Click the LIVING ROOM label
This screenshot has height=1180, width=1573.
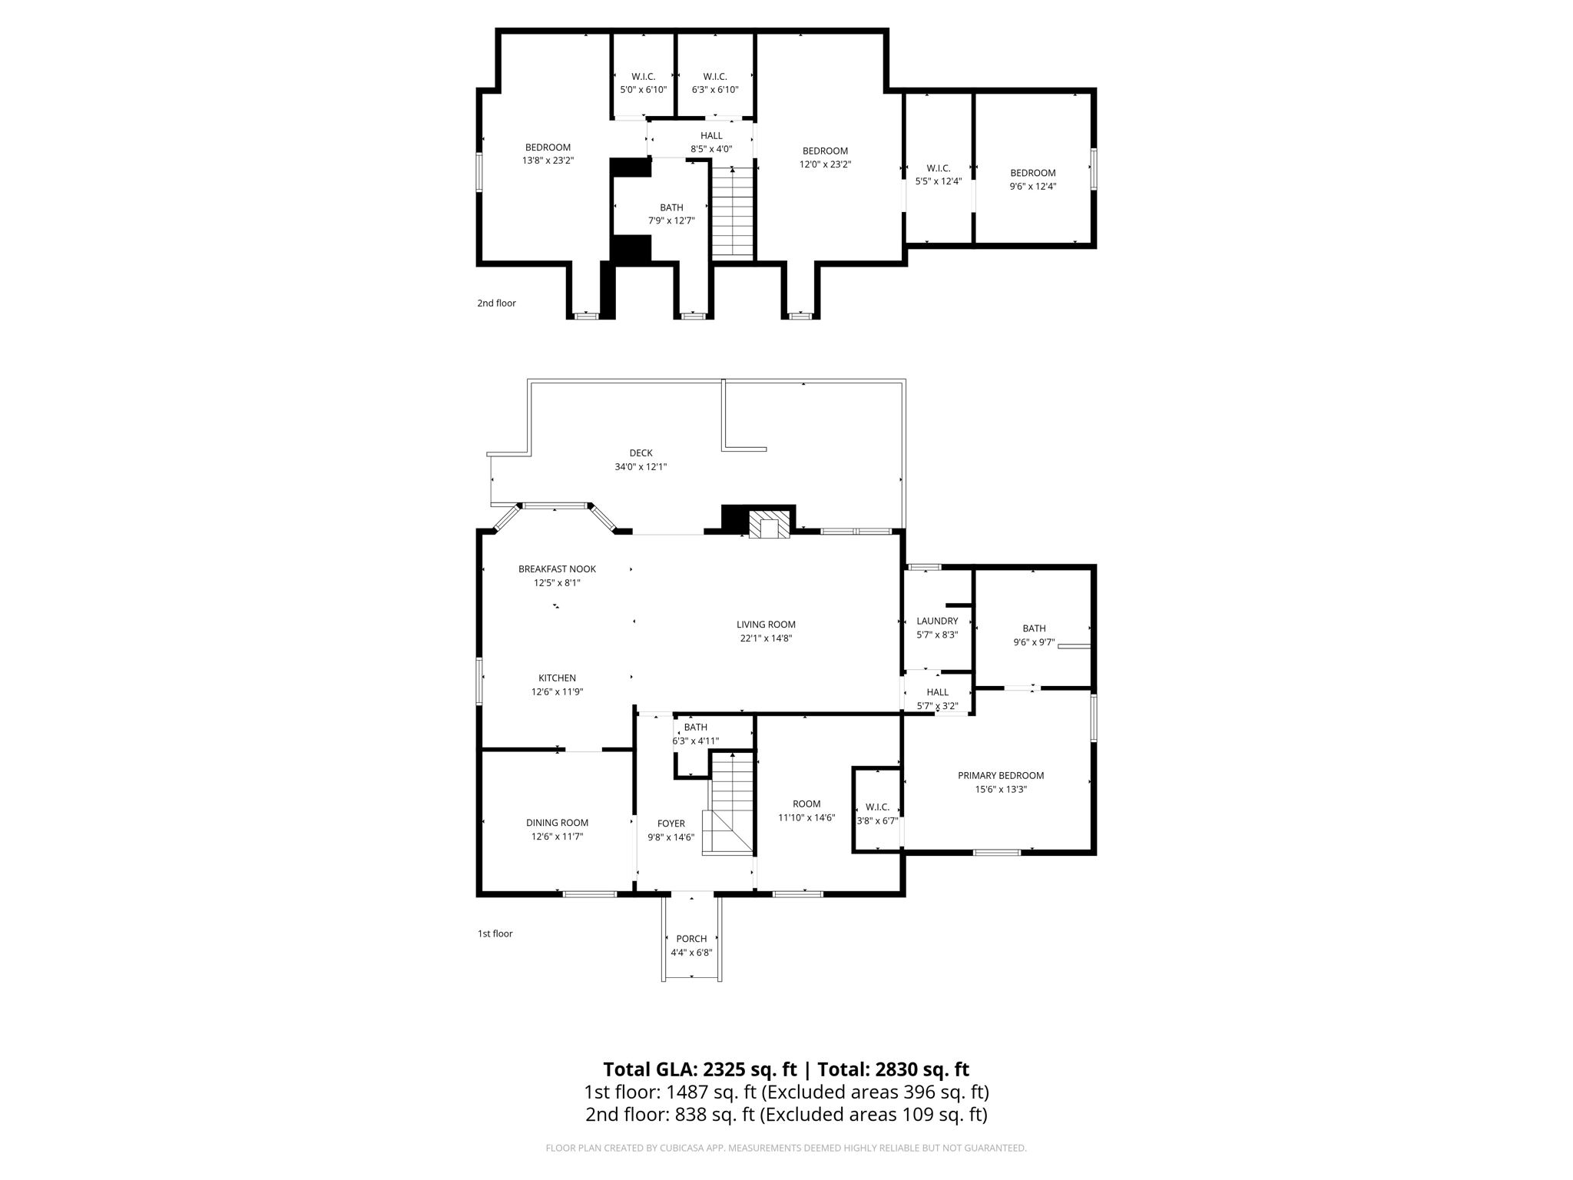766,625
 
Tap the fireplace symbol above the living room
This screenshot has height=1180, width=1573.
769,524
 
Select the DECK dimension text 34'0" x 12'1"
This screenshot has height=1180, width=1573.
641,466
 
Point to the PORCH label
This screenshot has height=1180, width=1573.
691,939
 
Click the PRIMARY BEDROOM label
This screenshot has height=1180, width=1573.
1000,775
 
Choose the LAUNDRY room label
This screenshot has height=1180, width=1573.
937,621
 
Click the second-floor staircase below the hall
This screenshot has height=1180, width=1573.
732,212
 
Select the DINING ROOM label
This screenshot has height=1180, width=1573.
557,823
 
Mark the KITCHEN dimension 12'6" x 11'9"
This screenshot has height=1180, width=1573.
557,691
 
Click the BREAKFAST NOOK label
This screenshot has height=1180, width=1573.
557,569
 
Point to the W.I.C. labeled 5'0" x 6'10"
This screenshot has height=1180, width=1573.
643,83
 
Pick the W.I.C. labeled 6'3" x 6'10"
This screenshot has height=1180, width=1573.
715,83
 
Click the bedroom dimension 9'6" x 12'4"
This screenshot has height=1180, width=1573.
1032,186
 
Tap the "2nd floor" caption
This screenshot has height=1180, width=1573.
496,303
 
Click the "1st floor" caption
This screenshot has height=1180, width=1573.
495,934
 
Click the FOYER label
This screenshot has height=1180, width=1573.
671,824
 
